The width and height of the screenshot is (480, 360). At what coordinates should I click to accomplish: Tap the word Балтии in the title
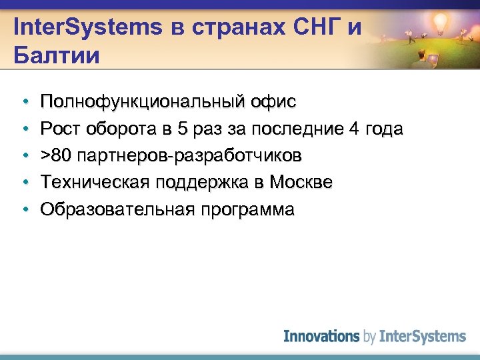[x=56, y=54]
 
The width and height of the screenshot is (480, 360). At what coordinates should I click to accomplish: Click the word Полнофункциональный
[x=141, y=102]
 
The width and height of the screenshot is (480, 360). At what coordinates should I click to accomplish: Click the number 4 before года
[x=353, y=129]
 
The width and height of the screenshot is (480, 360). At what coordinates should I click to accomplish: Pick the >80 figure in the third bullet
[x=56, y=155]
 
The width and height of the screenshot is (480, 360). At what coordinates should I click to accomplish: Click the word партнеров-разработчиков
[x=190, y=155]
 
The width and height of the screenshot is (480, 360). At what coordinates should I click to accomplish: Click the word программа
[x=247, y=209]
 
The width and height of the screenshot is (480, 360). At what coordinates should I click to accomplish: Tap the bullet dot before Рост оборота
[x=24, y=129]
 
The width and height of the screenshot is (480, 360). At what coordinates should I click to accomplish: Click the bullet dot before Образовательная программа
[x=24, y=209]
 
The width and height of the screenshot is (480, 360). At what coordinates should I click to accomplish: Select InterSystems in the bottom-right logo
[x=422, y=336]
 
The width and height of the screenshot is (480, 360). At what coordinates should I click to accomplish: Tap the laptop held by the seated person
[x=434, y=60]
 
